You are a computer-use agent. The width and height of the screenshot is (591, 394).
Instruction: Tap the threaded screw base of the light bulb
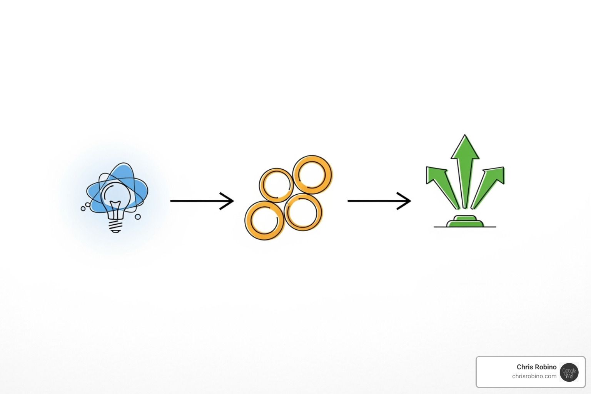point(116,226)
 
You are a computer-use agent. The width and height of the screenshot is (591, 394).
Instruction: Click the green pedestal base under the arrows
point(465,222)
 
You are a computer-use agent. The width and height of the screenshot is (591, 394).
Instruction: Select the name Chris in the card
point(524,367)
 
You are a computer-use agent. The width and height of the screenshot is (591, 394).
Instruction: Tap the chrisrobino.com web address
point(534,376)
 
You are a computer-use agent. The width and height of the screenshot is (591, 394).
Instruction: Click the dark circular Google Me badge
point(569,372)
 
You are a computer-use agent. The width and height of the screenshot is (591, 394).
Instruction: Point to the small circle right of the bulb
point(138,217)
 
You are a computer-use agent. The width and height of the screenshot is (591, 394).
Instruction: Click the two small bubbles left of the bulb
point(85,207)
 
